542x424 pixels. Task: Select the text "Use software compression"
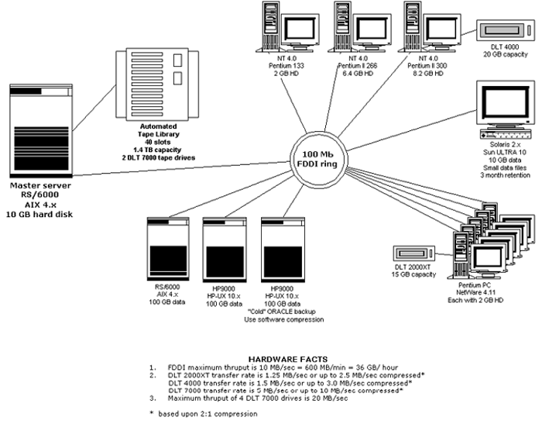pyautogui.click(x=282, y=319)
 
